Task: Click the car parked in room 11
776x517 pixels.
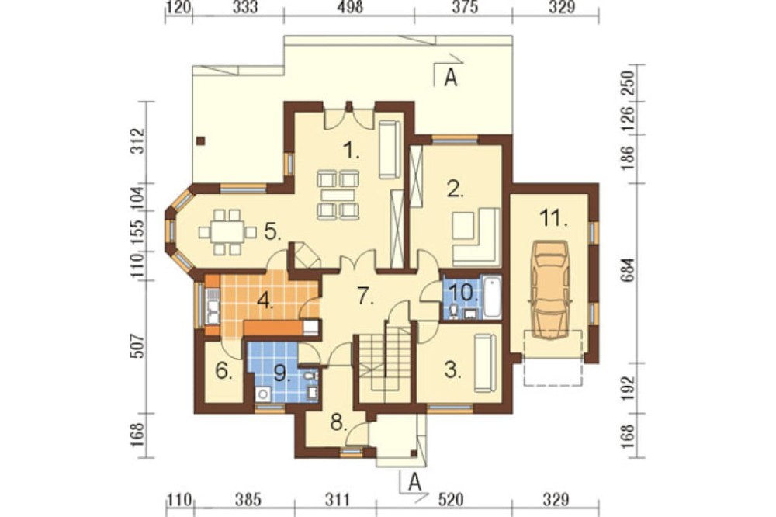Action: (x=549, y=290)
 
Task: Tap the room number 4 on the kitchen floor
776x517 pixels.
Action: (x=265, y=300)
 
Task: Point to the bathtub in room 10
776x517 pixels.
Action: (x=493, y=297)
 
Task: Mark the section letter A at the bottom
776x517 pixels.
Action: (x=414, y=482)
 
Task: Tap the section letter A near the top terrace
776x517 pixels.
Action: (x=450, y=78)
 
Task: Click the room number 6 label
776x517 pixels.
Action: (x=223, y=370)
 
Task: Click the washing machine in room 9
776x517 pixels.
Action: (x=263, y=394)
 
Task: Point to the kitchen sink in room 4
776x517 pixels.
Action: (x=213, y=307)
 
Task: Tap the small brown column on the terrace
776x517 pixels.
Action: (x=200, y=141)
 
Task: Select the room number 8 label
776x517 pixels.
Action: (x=338, y=422)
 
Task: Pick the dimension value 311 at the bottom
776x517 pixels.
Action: (x=338, y=500)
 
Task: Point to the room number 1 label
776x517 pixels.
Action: (x=351, y=150)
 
